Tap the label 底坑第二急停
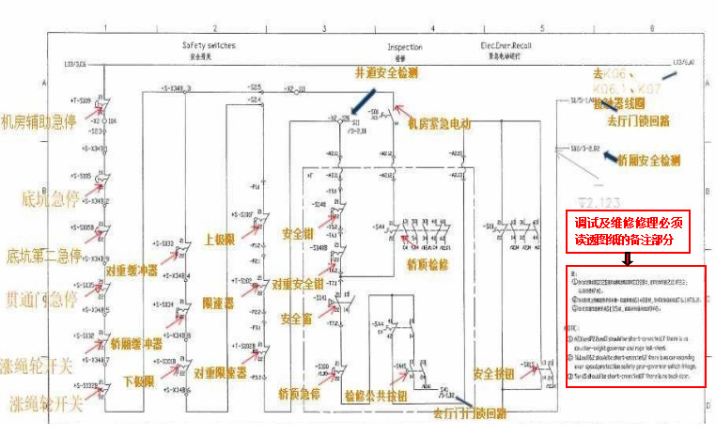pos(39,256)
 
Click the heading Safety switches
pos(209,45)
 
